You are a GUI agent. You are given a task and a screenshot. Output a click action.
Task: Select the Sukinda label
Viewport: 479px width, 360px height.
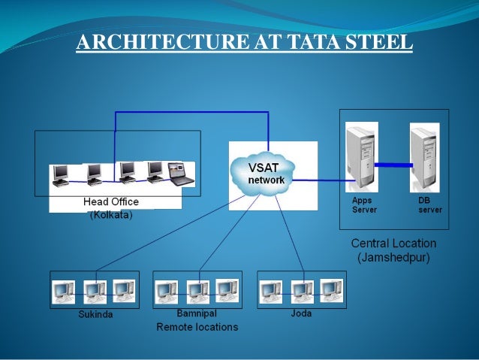pyautogui.click(x=95, y=313)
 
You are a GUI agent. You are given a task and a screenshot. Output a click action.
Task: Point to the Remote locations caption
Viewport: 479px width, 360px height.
pyautogui.click(x=197, y=327)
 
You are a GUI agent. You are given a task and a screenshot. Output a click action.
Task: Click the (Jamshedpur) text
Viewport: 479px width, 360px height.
pyautogui.click(x=393, y=258)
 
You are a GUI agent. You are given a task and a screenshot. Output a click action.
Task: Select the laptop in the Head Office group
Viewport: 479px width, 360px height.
pyautogui.click(x=179, y=174)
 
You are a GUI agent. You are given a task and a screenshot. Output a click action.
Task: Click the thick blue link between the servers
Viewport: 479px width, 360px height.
pyautogui.click(x=393, y=164)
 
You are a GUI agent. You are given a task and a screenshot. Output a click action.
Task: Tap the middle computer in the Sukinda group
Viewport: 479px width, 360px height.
pyautogui.click(x=95, y=291)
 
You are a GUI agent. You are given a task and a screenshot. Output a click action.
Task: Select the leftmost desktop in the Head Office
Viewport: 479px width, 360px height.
pyautogui.click(x=60, y=175)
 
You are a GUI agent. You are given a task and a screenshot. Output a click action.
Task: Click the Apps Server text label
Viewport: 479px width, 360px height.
pyautogui.click(x=363, y=205)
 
